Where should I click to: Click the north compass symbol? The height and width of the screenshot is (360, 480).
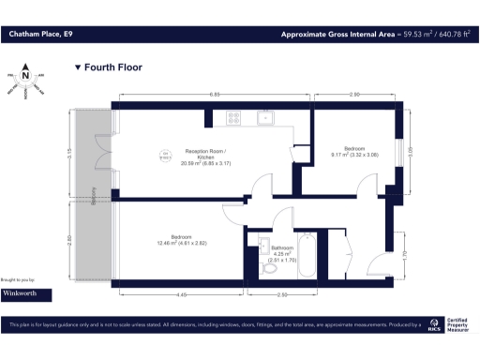(x=25, y=76)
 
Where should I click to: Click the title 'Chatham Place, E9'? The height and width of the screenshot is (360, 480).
(x=40, y=35)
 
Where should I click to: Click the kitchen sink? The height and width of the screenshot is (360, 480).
(x=265, y=117)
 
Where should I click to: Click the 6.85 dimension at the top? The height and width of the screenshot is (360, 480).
(x=215, y=95)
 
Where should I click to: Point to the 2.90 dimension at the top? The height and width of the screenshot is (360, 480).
(x=354, y=95)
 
